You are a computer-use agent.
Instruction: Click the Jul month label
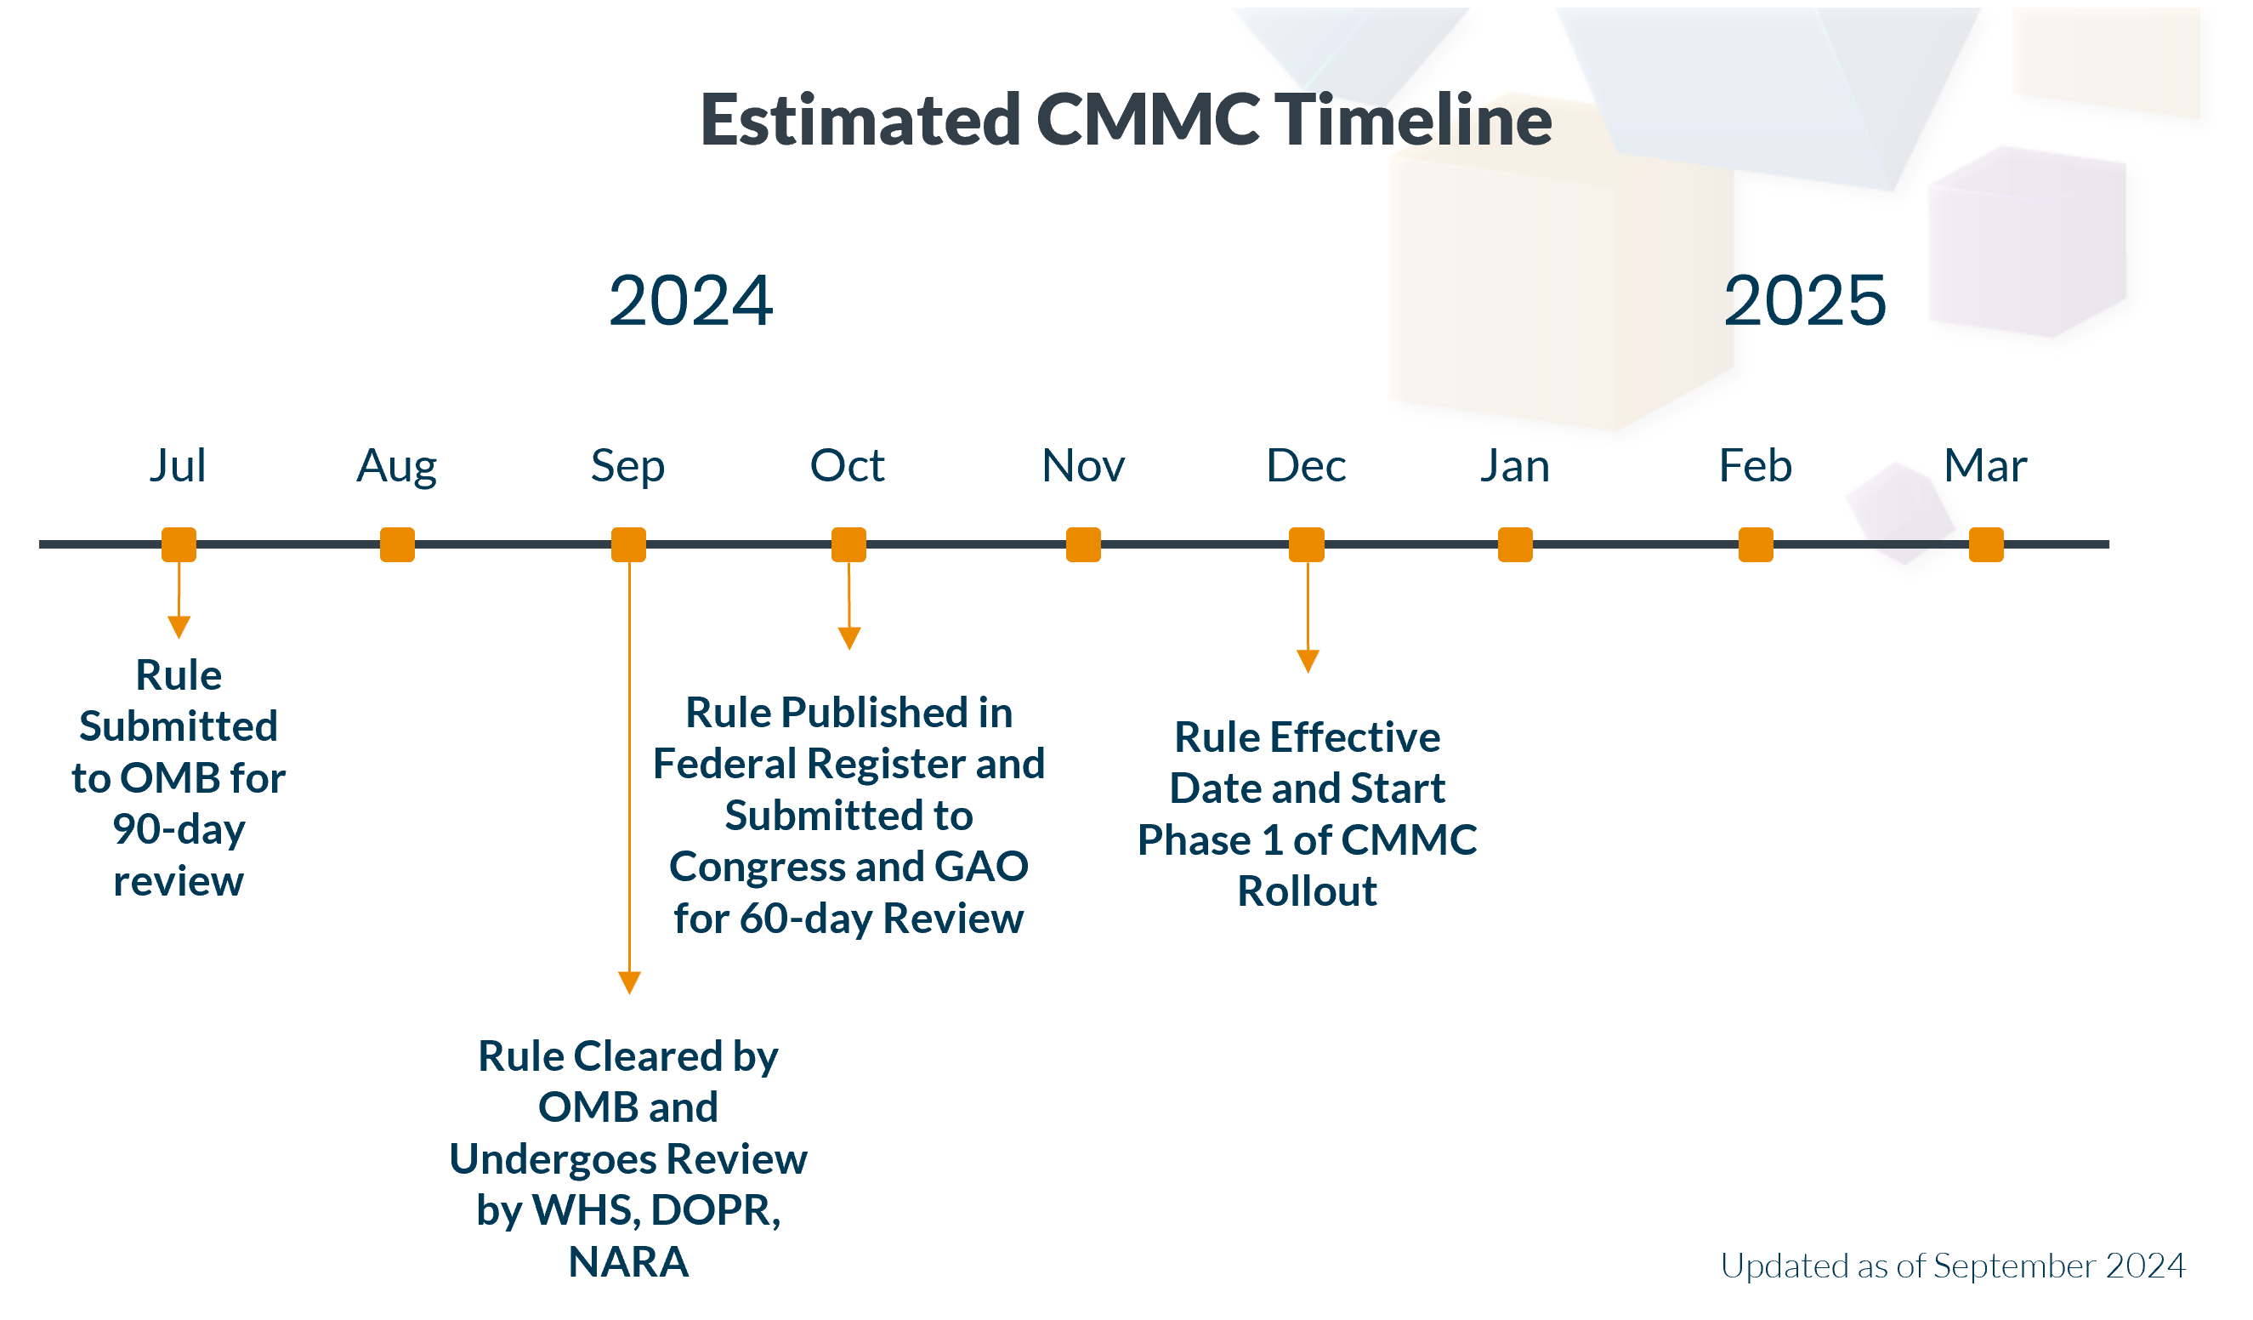(x=178, y=466)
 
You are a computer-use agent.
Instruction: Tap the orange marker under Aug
(x=397, y=544)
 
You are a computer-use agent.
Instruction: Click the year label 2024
(x=690, y=300)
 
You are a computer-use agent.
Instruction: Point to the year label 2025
(x=1805, y=300)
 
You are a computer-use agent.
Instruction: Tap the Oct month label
(x=847, y=466)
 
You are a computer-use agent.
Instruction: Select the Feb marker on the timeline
(x=1755, y=544)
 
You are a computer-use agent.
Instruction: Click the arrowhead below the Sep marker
(x=629, y=982)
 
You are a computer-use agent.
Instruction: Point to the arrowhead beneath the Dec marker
(x=1308, y=661)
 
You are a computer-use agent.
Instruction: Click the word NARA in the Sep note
(x=628, y=1262)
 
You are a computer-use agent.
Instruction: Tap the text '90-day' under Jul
(x=179, y=830)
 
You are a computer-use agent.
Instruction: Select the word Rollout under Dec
(x=1307, y=891)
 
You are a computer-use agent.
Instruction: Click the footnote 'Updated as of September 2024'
(x=1953, y=1266)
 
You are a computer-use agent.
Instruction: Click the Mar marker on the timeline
(x=1986, y=544)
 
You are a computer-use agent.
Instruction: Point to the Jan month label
(x=1514, y=466)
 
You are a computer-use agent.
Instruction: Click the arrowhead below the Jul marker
(x=179, y=627)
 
